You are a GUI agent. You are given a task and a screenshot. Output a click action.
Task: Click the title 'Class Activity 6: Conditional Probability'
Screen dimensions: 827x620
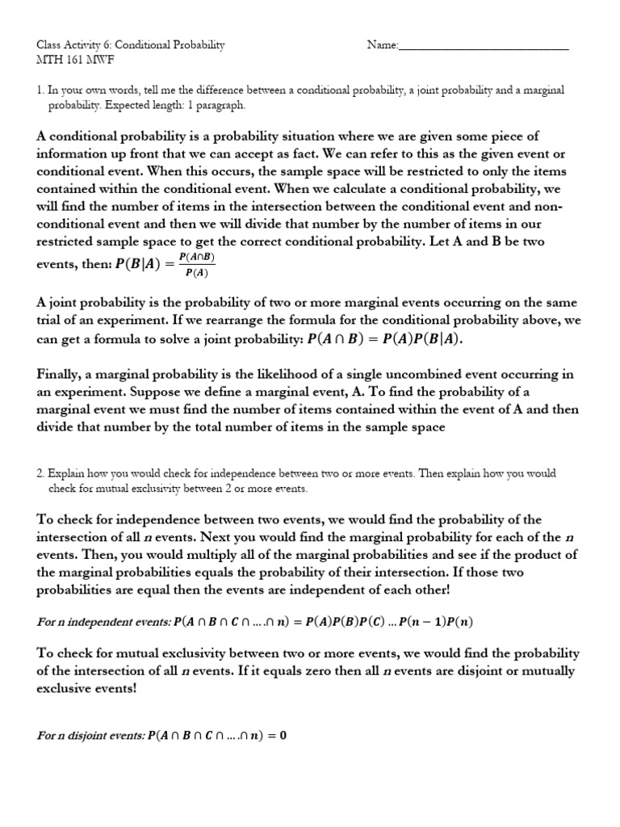point(131,45)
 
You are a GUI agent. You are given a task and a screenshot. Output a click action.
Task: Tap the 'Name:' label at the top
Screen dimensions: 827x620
point(383,45)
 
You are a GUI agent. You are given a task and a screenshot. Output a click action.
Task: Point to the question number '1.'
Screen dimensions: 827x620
point(41,90)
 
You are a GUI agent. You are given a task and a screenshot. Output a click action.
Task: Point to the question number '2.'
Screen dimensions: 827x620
point(41,473)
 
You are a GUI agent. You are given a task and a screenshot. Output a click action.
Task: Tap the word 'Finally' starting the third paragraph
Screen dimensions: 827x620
point(60,374)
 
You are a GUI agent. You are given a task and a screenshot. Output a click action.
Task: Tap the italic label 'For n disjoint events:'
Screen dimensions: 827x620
point(91,736)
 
